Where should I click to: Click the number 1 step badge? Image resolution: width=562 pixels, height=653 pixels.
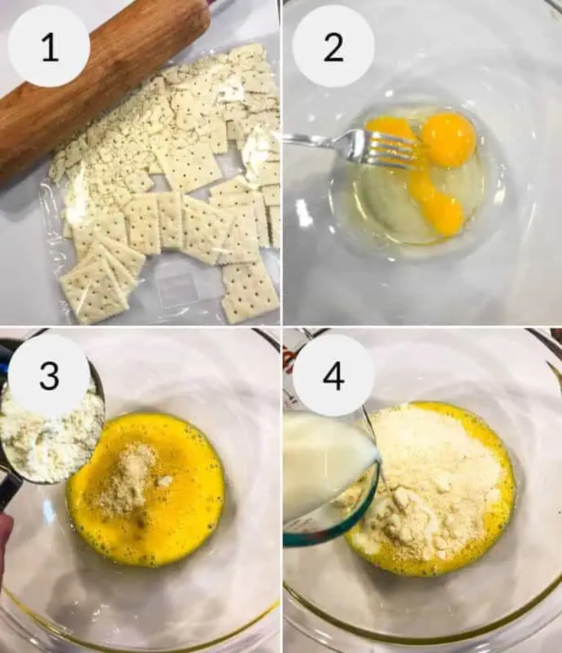click(49, 47)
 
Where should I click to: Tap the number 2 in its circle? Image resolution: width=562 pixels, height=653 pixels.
click(333, 47)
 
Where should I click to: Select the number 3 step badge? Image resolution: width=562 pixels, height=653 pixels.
click(49, 374)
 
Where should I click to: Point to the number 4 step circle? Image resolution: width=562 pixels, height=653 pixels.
click(333, 374)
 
